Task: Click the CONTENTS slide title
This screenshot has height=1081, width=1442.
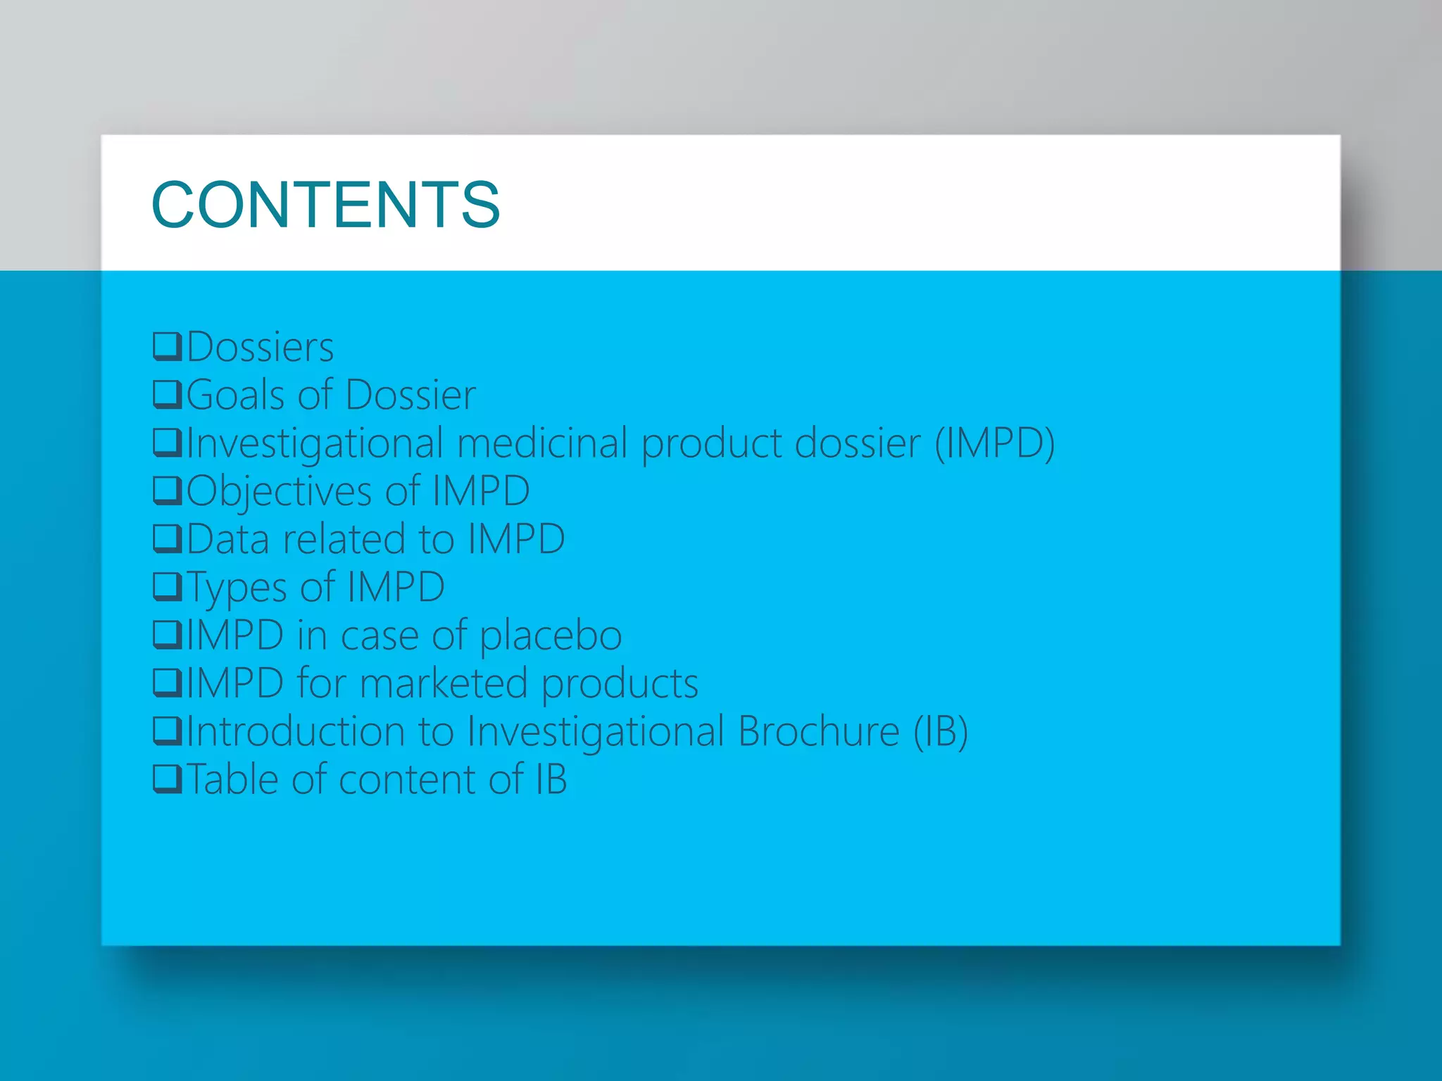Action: click(325, 205)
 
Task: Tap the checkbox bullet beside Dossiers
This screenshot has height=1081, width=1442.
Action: click(168, 346)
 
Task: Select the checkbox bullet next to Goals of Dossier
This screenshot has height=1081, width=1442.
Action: click(168, 394)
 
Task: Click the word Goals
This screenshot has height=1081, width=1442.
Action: click(235, 395)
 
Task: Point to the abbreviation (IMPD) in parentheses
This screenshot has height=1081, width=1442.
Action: click(994, 443)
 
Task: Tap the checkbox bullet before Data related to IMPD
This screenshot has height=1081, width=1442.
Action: click(168, 539)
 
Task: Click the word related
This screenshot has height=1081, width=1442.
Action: click(344, 539)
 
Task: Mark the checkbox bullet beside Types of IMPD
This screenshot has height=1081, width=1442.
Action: click(168, 587)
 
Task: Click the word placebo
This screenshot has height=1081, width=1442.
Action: click(551, 636)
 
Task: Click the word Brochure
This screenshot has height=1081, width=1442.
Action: click(818, 731)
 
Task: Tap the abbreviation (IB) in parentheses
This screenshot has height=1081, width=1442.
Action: click(941, 731)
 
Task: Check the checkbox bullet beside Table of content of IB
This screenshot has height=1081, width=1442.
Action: click(168, 779)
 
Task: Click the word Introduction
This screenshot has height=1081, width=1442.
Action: click(296, 731)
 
